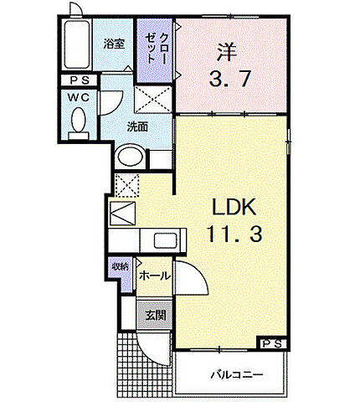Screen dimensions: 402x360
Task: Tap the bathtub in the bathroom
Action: pos(77,47)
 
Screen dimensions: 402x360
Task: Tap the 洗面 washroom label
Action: pos(137,127)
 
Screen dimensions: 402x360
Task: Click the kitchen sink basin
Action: pos(164,243)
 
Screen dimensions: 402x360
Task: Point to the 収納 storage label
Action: pos(120,267)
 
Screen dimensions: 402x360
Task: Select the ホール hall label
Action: pos(154,276)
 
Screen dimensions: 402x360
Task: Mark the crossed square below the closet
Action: pos(155,102)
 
